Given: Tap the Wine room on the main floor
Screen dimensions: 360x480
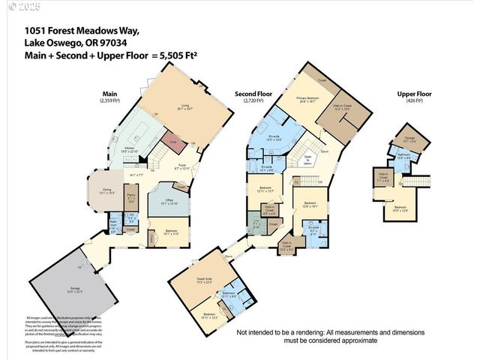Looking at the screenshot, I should (172, 141).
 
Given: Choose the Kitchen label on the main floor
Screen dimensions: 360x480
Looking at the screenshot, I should (130, 150).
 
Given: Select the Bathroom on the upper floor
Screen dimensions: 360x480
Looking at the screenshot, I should (403, 156).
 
